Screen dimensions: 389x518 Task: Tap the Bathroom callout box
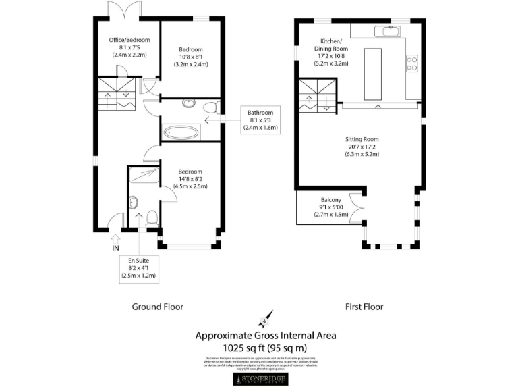coord(260,120)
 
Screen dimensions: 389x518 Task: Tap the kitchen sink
coord(388,31)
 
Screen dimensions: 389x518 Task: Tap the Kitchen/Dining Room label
coord(330,48)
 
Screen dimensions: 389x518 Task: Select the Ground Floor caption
coord(156,307)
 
